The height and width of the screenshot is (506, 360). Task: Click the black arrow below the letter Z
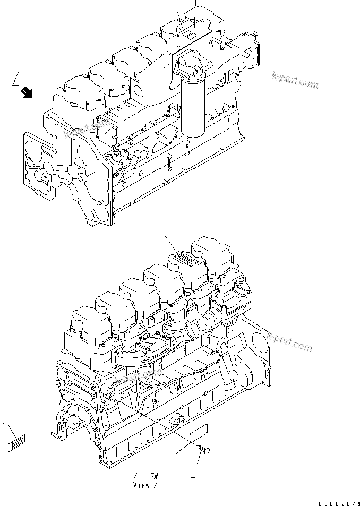(27, 94)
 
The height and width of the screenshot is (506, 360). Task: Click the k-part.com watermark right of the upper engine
(294, 81)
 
